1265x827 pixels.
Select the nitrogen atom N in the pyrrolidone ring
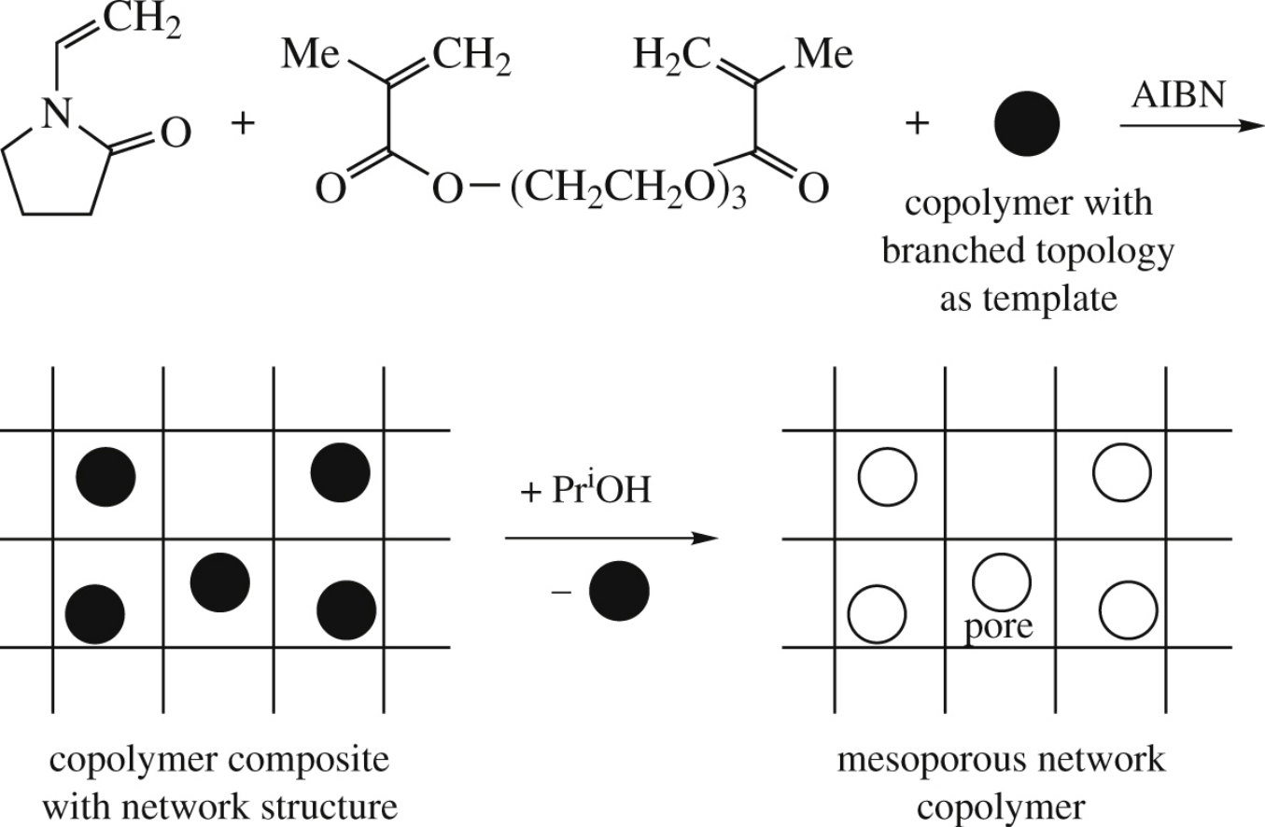(59, 114)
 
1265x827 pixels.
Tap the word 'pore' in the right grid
(998, 625)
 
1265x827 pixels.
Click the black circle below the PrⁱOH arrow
(618, 593)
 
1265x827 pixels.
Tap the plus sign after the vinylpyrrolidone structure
(243, 124)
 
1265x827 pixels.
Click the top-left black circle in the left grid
(105, 475)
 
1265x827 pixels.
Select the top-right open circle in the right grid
(1122, 474)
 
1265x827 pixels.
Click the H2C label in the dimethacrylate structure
(667, 57)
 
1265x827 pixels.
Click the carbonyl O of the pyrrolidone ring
(175, 133)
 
